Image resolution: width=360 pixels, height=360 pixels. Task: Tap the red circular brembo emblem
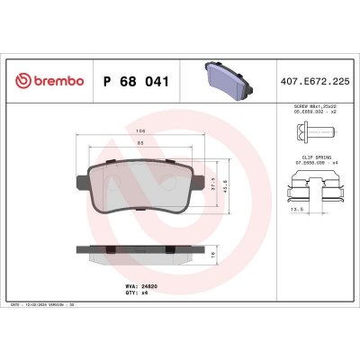click(22, 82)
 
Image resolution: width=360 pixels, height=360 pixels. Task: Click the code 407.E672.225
click(316, 82)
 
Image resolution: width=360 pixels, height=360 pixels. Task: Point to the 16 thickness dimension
click(237, 255)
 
